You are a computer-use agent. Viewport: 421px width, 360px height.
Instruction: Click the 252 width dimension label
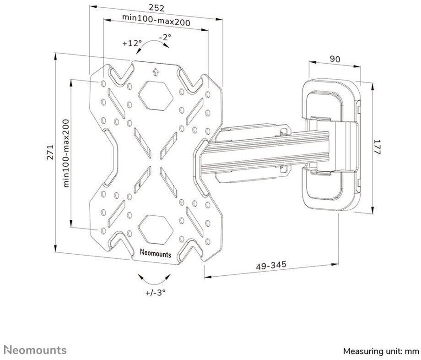coord(156,8)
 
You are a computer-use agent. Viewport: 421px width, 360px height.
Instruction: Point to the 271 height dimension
coord(50,153)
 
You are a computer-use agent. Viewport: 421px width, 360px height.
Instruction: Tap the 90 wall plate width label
coord(335,59)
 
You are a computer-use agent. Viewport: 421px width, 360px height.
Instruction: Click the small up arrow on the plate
coord(156,71)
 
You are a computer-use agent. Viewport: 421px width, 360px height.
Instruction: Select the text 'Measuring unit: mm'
coord(381,351)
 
